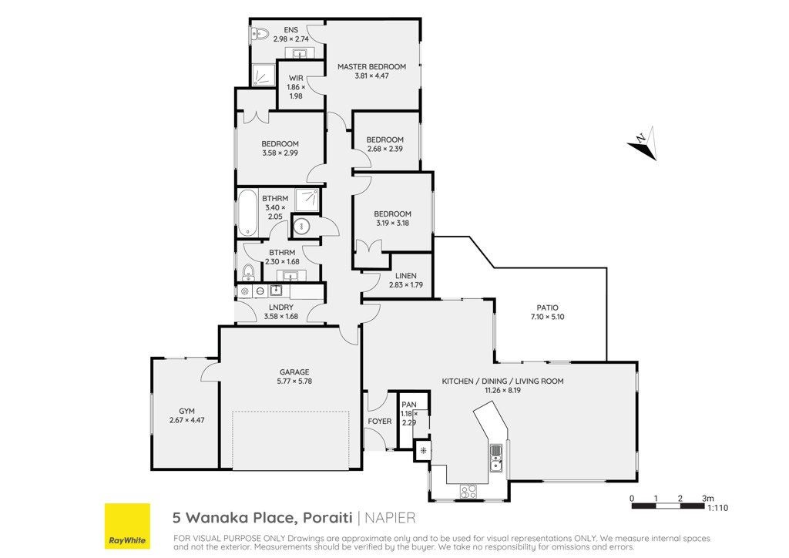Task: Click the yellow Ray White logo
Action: pyautogui.click(x=127, y=526)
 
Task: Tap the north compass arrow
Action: pyautogui.click(x=643, y=143)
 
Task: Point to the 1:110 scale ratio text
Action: pyautogui.click(x=717, y=508)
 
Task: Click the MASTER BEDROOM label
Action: pyautogui.click(x=371, y=66)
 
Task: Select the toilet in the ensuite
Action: pyautogui.click(x=260, y=34)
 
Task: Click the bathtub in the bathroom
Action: pyautogui.click(x=247, y=212)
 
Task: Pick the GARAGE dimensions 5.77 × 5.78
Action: pyautogui.click(x=294, y=382)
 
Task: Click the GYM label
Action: pyautogui.click(x=186, y=411)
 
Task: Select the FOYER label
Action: pyautogui.click(x=379, y=421)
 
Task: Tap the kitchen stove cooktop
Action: pyautogui.click(x=468, y=491)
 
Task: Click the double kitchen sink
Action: pyautogui.click(x=496, y=459)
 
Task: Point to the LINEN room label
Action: pyautogui.click(x=405, y=276)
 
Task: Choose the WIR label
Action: pyautogui.click(x=296, y=78)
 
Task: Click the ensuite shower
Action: pyautogui.click(x=264, y=75)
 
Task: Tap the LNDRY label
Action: pyautogui.click(x=280, y=308)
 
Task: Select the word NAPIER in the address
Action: pyautogui.click(x=390, y=518)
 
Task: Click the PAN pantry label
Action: pyautogui.click(x=409, y=405)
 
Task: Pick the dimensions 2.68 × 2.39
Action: pyautogui.click(x=385, y=149)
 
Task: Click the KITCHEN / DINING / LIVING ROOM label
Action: pyautogui.click(x=502, y=382)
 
